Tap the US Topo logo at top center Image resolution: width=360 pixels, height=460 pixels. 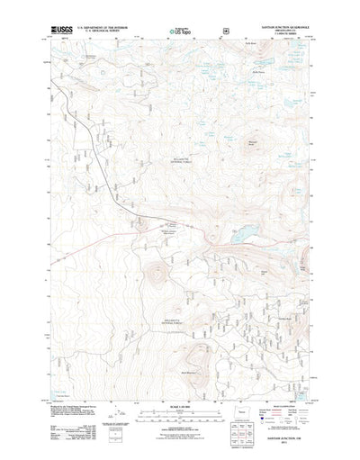179,32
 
